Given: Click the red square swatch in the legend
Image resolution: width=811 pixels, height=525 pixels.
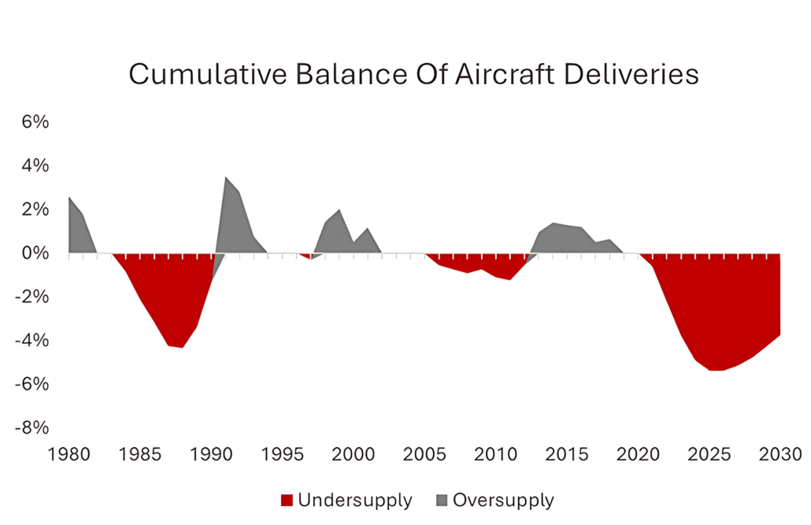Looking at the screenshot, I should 287,501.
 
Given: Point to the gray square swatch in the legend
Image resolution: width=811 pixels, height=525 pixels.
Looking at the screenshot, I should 440,501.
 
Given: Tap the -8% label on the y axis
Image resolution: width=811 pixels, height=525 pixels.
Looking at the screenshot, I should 33,427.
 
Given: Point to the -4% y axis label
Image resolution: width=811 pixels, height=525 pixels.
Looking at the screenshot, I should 33,341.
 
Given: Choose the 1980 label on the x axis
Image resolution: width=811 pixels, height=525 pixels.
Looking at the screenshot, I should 69,454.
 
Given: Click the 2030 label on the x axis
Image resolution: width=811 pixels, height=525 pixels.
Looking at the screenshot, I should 780,454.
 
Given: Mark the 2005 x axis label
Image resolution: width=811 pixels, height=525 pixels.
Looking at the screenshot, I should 424,454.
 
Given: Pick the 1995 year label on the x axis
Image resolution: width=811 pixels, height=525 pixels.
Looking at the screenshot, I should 283,454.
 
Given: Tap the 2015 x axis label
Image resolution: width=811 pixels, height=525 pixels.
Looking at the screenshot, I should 567,454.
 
